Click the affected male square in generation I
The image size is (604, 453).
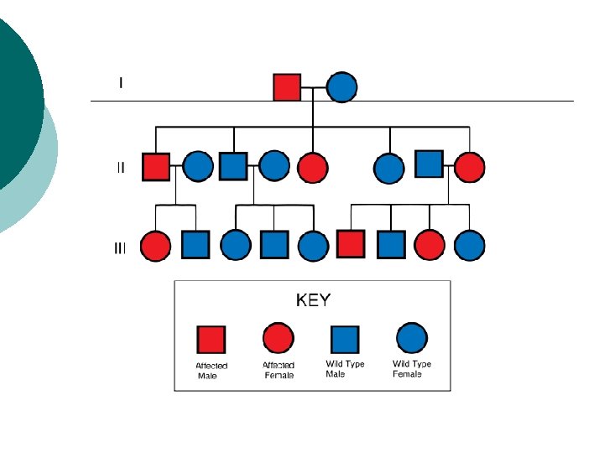[x=287, y=87]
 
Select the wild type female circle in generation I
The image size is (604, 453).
[x=341, y=87]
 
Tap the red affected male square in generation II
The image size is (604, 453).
[x=156, y=166]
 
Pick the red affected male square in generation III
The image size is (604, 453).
[x=351, y=244]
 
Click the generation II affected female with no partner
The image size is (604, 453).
[x=312, y=167]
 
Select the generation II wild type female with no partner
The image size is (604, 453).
[x=389, y=168]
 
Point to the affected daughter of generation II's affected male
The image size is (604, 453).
[x=155, y=245]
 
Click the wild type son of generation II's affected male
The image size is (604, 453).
[x=195, y=245]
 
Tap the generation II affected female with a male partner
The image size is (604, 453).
[x=469, y=167]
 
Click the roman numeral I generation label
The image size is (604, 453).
[x=121, y=82]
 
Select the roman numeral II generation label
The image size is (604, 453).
[x=121, y=167]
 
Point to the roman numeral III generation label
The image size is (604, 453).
[x=121, y=248]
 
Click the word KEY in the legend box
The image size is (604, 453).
[x=313, y=300]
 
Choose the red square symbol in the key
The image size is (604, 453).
[x=211, y=340]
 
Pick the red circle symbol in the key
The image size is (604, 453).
[x=279, y=339]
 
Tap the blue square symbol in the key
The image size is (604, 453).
[x=344, y=339]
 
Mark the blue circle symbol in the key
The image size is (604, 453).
[x=411, y=338]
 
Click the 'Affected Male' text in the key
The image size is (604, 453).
[x=211, y=371]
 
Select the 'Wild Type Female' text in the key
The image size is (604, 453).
[x=412, y=369]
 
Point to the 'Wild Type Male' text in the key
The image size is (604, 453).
[x=345, y=369]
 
